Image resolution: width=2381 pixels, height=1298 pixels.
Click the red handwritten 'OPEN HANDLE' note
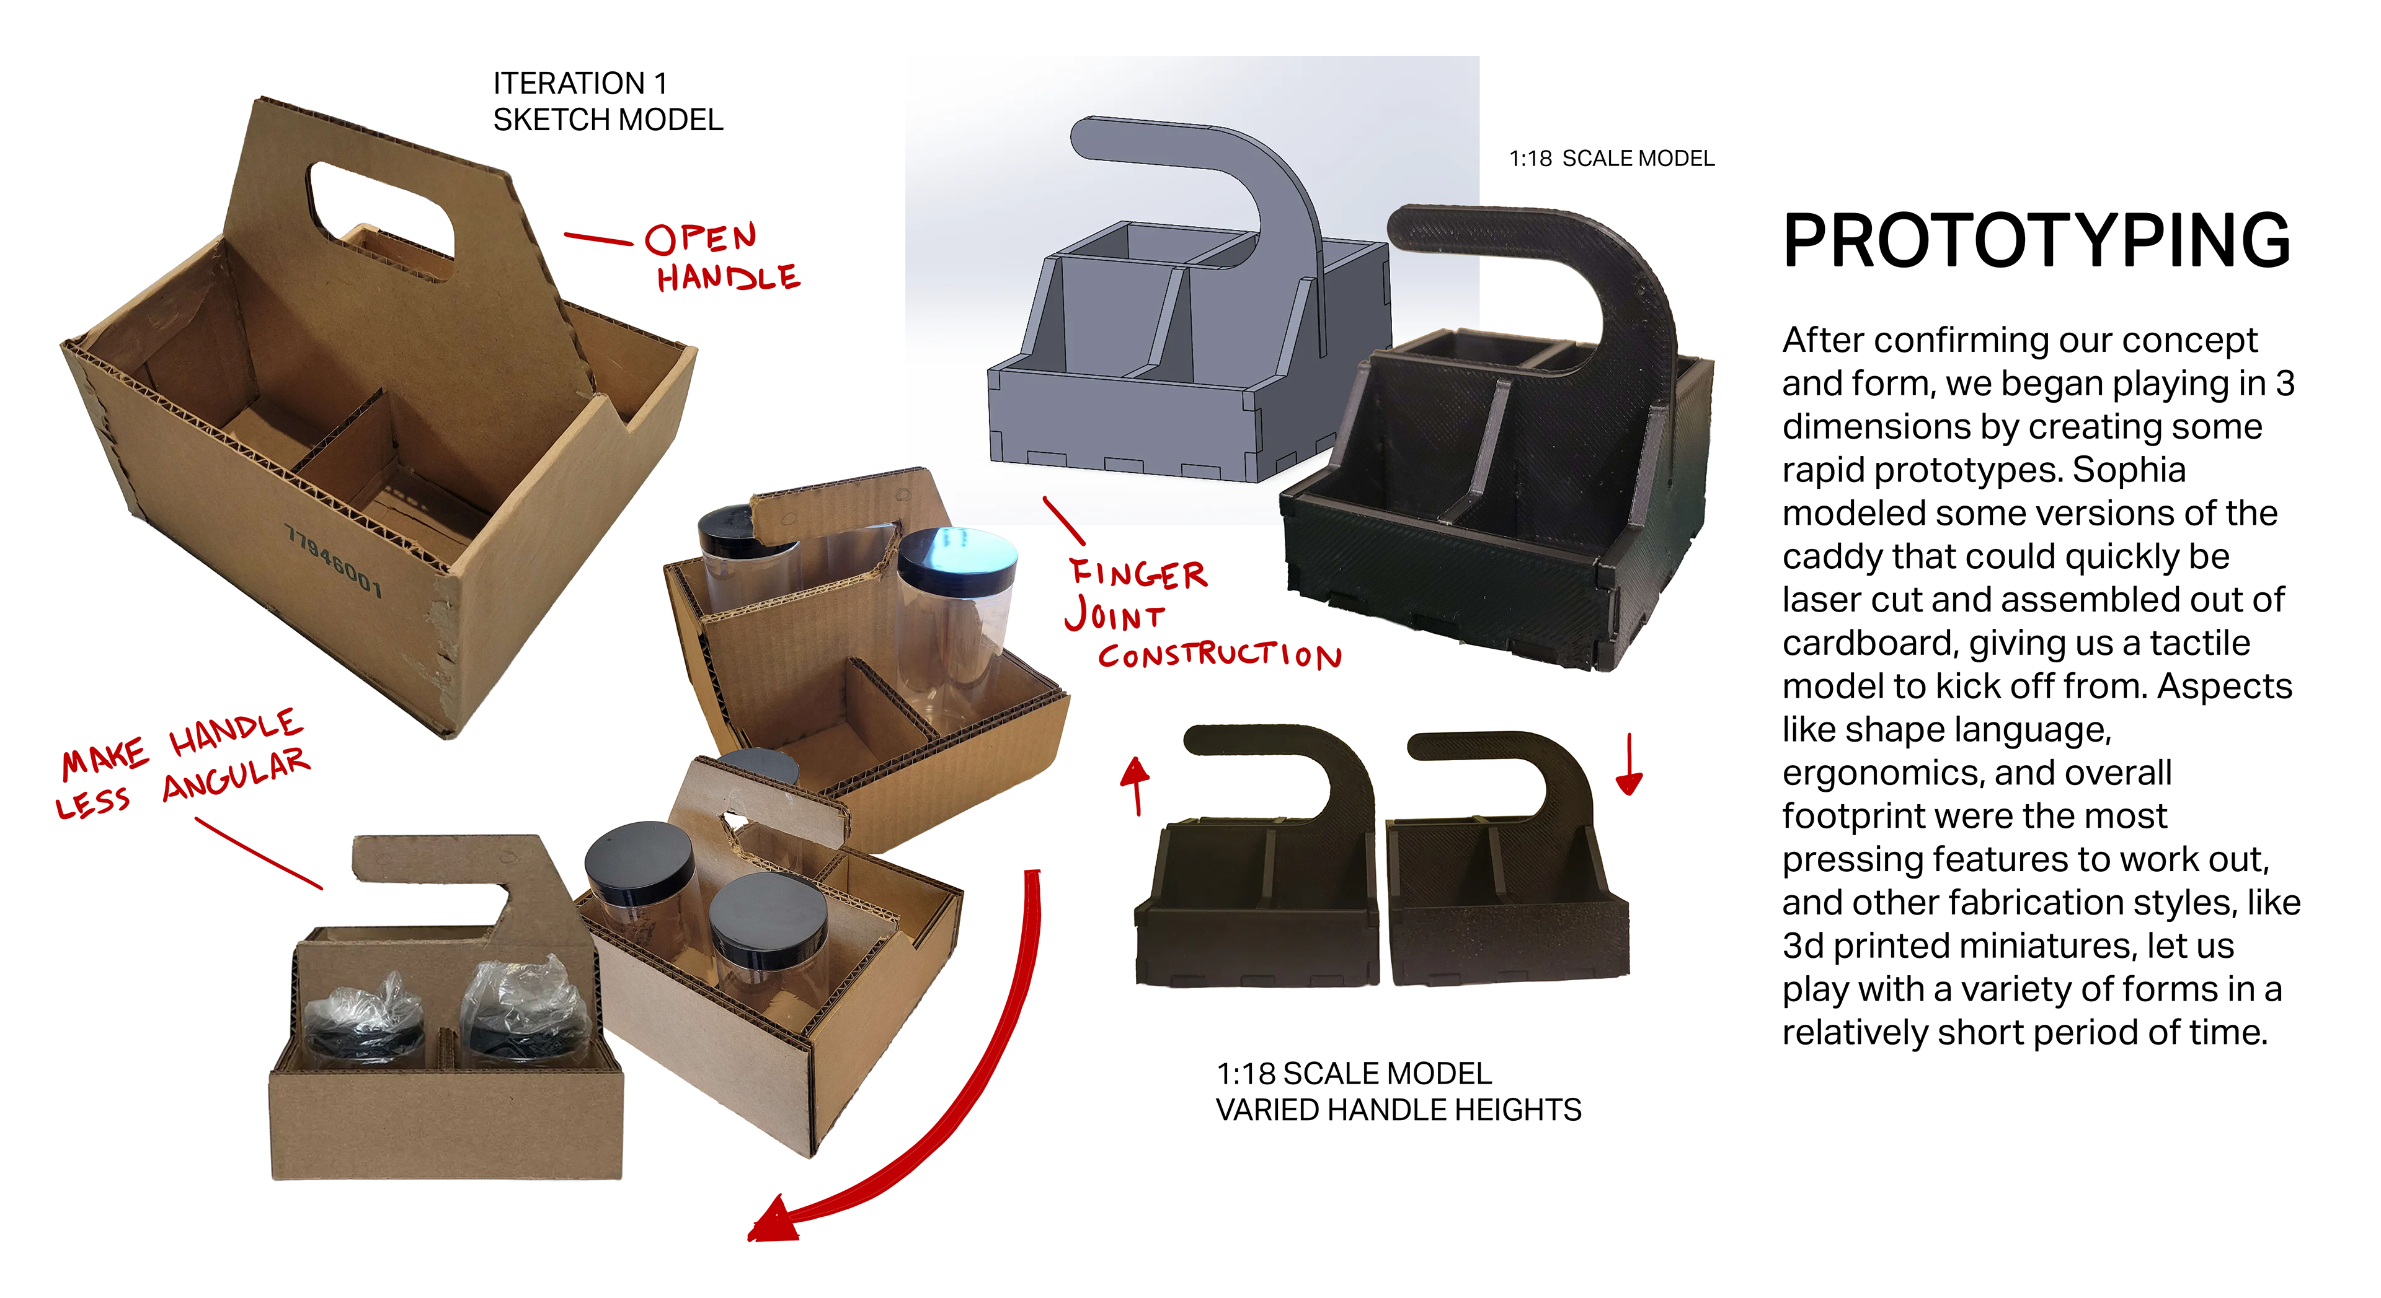[722, 258]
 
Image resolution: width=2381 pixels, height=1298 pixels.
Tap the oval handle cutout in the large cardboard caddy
[381, 209]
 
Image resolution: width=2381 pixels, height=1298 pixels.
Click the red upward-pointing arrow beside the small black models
[1135, 784]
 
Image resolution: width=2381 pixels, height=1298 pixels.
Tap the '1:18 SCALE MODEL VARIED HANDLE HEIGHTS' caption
[1398, 1091]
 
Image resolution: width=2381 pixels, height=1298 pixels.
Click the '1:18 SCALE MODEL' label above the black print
[1611, 159]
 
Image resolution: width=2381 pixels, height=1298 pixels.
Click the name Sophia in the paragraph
[2129, 470]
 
